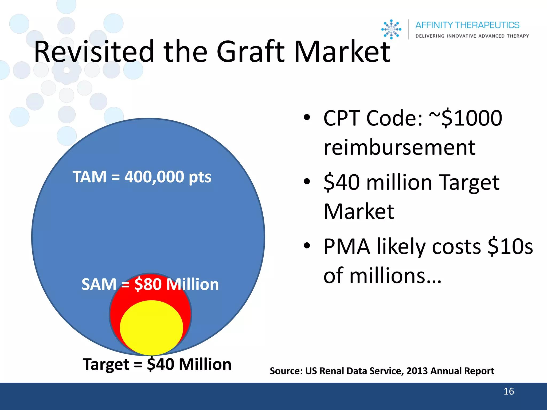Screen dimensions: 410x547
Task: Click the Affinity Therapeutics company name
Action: [x=467, y=25]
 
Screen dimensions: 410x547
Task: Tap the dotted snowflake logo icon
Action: [x=391, y=29]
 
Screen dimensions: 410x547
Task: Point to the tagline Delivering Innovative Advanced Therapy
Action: [x=472, y=36]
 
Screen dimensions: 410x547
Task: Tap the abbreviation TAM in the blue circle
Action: [x=89, y=177]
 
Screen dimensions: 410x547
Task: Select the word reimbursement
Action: [x=399, y=147]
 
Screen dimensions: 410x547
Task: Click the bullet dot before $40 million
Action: [x=307, y=182]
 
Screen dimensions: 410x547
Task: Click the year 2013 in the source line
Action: [x=417, y=371]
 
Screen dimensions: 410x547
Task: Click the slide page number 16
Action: [x=509, y=391]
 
